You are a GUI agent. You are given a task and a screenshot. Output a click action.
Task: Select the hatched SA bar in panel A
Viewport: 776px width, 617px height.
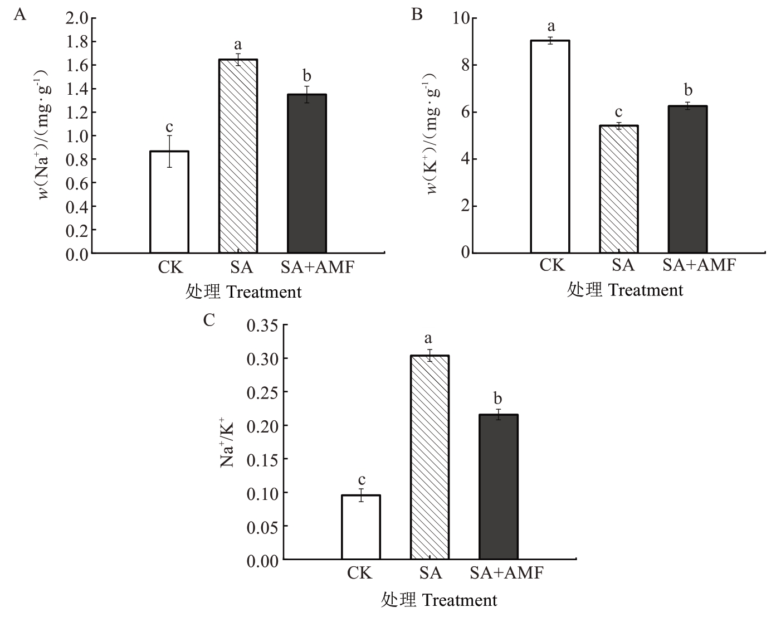pyautogui.click(x=238, y=156)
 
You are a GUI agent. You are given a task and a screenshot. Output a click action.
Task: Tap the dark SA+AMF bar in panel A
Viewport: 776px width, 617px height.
pyautogui.click(x=307, y=174)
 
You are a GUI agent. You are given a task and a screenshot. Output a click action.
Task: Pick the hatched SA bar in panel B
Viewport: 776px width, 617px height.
pyautogui.click(x=619, y=189)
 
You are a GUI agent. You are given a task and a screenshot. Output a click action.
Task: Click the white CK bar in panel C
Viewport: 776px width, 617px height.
pyautogui.click(x=361, y=527)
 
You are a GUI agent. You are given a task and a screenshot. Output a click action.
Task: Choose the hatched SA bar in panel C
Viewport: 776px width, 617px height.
pyautogui.click(x=430, y=457)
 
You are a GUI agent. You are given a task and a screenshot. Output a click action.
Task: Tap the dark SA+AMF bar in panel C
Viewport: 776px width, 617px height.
pyautogui.click(x=499, y=487)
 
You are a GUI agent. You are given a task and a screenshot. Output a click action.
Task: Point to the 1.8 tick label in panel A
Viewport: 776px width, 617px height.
pyautogui.click(x=77, y=42)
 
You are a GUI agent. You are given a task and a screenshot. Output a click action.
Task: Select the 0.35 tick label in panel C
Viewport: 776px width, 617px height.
pyautogui.click(x=262, y=325)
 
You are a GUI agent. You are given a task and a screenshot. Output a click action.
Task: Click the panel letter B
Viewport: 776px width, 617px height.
pyautogui.click(x=417, y=14)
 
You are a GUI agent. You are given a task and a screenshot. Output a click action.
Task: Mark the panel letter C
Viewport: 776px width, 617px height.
pyautogui.click(x=209, y=320)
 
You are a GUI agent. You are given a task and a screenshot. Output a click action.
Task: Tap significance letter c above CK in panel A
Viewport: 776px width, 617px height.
pyautogui.click(x=169, y=127)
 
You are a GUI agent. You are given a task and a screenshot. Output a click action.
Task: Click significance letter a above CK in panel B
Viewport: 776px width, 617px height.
pyautogui.click(x=552, y=26)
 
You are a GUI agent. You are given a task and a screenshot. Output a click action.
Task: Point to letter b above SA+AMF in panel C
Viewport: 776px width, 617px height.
pyautogui.click(x=498, y=399)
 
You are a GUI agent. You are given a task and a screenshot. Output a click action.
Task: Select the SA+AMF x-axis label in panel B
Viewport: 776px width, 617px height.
pyautogui.click(x=699, y=265)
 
